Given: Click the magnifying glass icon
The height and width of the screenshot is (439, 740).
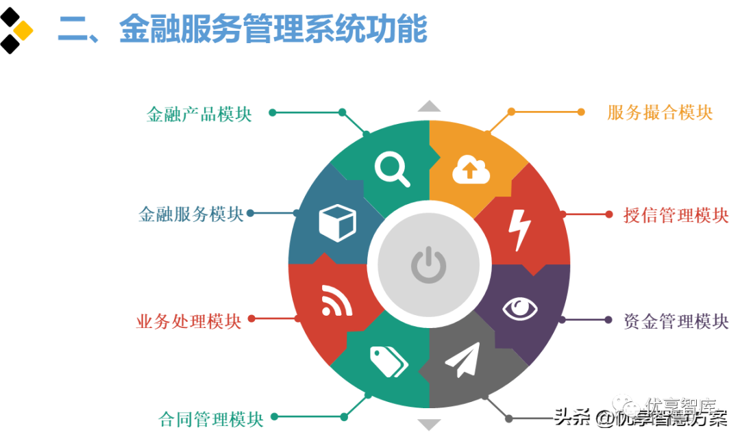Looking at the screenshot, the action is pyautogui.click(x=393, y=168).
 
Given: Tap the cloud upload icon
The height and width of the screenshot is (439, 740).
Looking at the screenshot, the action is pyautogui.click(x=471, y=170).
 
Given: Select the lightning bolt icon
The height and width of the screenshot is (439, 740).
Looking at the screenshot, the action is pyautogui.click(x=518, y=229).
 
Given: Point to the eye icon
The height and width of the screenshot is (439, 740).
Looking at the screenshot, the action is pyautogui.click(x=520, y=309).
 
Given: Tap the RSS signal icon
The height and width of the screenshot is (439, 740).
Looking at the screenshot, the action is pyautogui.click(x=336, y=301).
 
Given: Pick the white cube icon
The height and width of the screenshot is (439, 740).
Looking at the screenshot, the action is pyautogui.click(x=337, y=223).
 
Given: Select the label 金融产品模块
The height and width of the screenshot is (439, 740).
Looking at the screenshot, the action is pyautogui.click(x=199, y=114).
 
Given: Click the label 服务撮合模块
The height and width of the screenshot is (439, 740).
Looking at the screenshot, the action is pyautogui.click(x=660, y=112).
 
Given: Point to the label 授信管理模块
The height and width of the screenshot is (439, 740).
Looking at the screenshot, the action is pyautogui.click(x=676, y=215).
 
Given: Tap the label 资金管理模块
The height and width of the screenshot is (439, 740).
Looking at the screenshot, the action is pyautogui.click(x=676, y=321).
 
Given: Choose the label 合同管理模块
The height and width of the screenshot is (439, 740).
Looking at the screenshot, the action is pyautogui.click(x=210, y=418).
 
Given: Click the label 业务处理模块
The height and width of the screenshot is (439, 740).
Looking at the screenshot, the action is pyautogui.click(x=189, y=321).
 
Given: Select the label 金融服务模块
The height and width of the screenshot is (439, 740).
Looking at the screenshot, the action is pyautogui.click(x=190, y=214).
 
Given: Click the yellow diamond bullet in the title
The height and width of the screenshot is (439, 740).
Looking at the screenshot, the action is pyautogui.click(x=23, y=30).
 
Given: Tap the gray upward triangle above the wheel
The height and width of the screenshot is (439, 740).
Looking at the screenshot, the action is pyautogui.click(x=430, y=105).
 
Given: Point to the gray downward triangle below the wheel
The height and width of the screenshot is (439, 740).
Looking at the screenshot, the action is pyautogui.click(x=430, y=425).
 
